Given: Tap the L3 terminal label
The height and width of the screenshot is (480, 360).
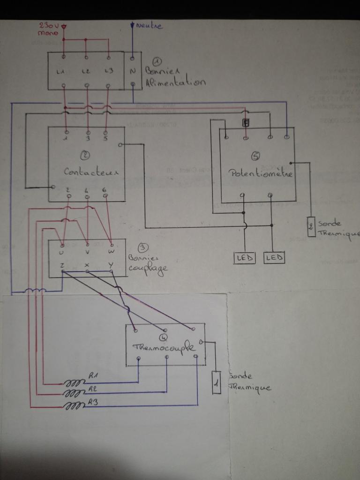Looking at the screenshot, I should point(108,71).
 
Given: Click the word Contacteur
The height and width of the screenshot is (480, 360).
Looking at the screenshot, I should point(91,172).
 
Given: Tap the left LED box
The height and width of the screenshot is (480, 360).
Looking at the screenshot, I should point(244,257).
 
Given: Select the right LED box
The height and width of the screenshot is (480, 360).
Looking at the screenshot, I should point(274,257).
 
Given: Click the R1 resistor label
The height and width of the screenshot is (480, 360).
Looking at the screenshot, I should point(93,376).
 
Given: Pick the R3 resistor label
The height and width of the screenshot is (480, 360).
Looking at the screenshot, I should point(92,402).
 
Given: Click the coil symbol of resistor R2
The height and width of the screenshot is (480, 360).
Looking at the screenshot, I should point(74,395).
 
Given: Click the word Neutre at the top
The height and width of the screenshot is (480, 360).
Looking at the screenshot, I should point(150,26).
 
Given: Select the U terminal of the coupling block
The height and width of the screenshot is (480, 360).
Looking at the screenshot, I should point(62,252).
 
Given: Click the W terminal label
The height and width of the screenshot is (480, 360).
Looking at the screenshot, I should point(111,252).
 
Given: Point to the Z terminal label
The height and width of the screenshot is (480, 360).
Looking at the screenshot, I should point(62,265).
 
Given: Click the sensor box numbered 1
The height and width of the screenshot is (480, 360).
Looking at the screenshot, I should point(216,382).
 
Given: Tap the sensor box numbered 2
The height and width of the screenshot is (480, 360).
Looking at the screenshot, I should point(311,227).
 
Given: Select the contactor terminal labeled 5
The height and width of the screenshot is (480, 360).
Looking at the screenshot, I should point(106,139).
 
